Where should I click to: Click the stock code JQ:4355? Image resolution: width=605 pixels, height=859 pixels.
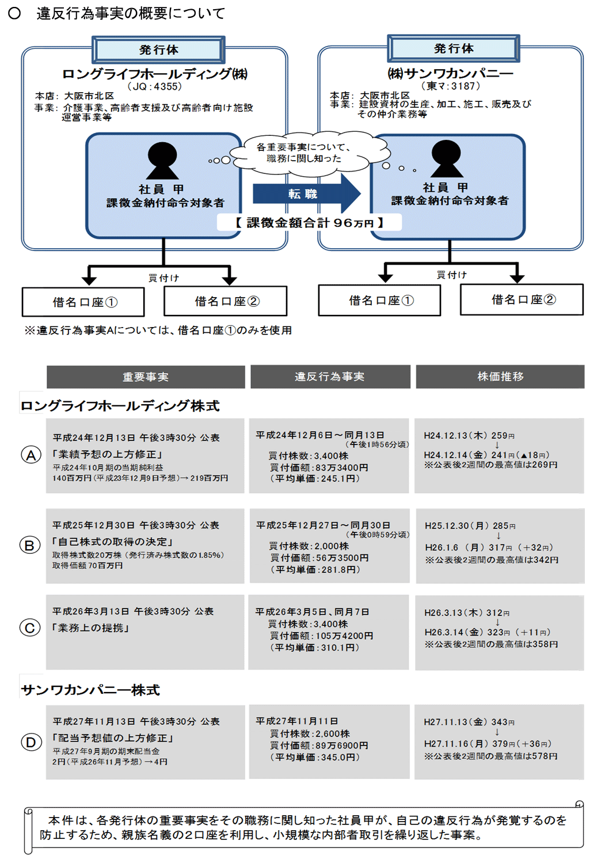click(x=154, y=86)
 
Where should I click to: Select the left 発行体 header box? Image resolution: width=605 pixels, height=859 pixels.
click(x=158, y=50)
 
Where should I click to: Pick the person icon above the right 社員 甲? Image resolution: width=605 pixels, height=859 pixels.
click(x=447, y=158)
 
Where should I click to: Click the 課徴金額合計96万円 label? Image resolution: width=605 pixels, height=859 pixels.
click(x=309, y=223)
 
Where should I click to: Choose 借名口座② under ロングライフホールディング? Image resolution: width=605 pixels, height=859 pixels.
click(x=226, y=301)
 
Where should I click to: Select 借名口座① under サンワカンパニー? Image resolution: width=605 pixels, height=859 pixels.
click(x=380, y=300)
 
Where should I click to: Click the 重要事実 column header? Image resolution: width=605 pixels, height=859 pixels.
click(x=146, y=377)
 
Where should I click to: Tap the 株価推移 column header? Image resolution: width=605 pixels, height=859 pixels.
click(x=500, y=377)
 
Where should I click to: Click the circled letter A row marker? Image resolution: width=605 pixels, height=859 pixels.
click(x=31, y=455)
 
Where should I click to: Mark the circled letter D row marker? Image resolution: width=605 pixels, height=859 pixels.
click(x=31, y=742)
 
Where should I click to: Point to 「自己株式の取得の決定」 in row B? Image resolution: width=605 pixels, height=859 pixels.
click(x=113, y=542)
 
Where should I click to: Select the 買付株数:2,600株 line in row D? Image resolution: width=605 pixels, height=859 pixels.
click(x=310, y=733)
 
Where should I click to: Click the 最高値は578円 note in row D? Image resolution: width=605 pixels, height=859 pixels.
click(x=491, y=756)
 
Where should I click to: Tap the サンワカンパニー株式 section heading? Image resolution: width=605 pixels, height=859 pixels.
click(x=90, y=690)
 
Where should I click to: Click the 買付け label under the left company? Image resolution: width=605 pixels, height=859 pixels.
click(x=164, y=278)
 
